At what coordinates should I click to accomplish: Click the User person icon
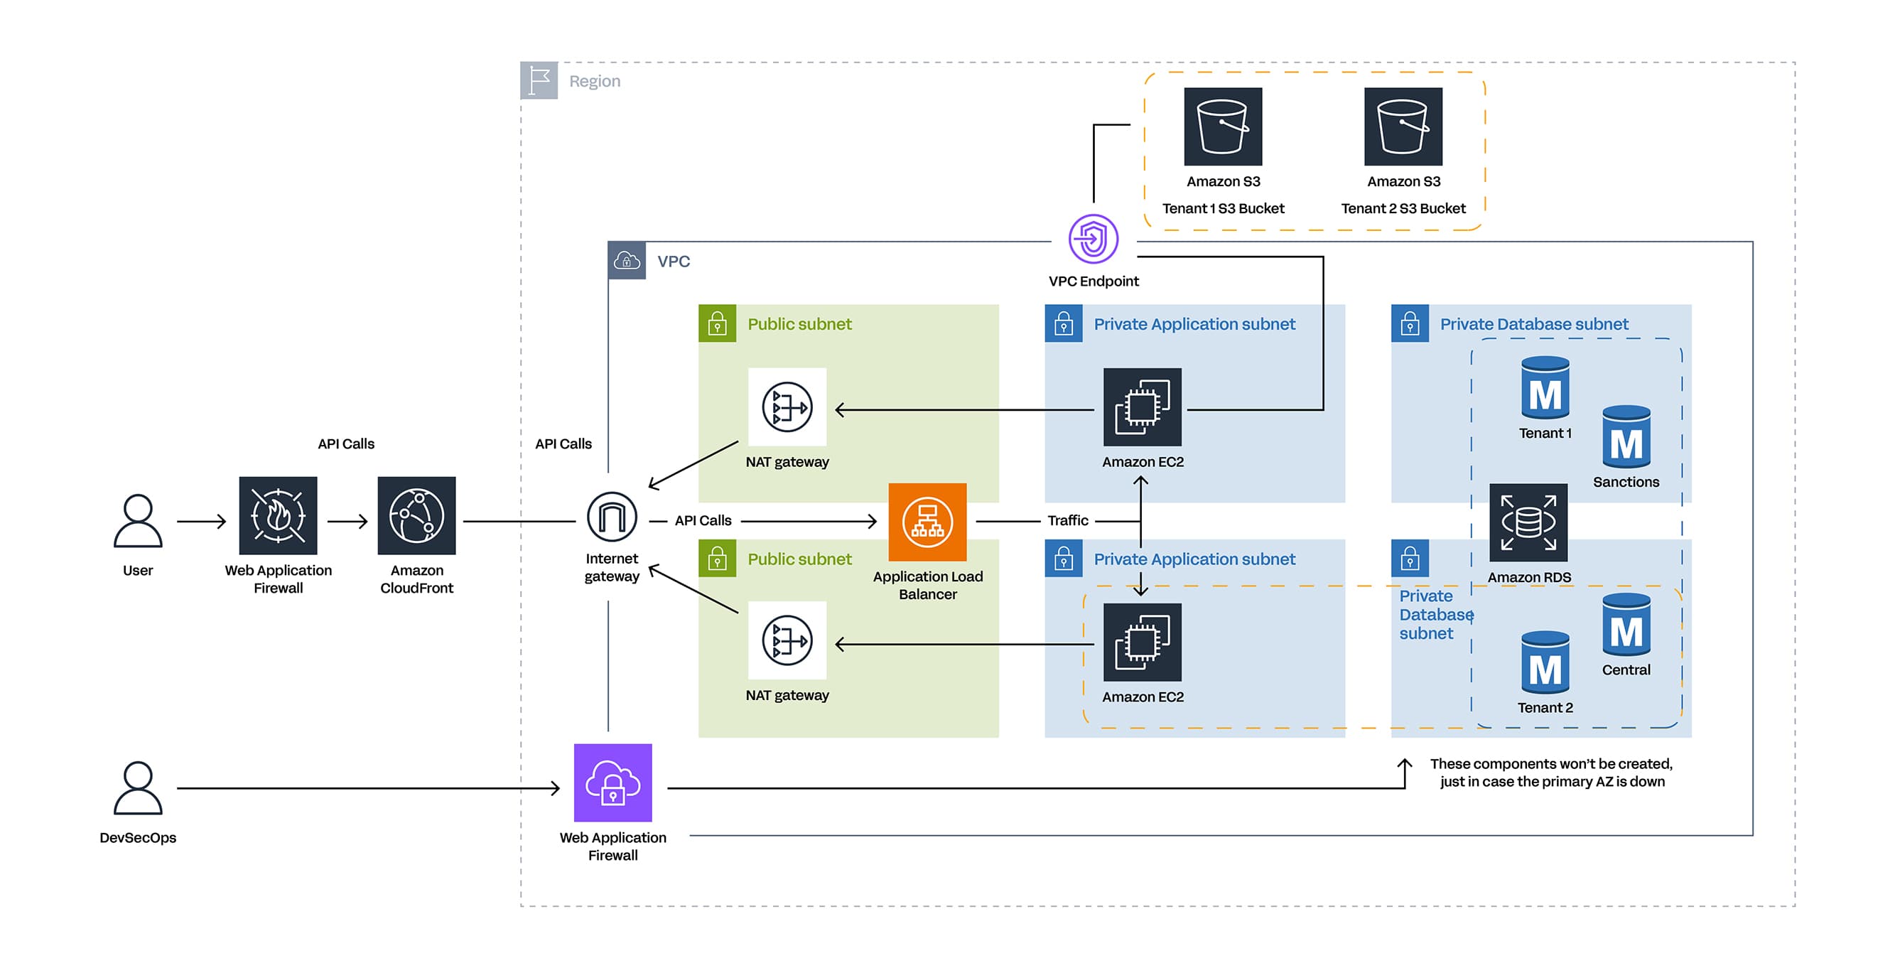[x=138, y=521]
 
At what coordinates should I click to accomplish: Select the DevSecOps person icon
[x=138, y=787]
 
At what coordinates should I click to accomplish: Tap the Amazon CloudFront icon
[x=416, y=516]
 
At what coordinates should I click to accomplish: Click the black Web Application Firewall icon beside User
[x=278, y=516]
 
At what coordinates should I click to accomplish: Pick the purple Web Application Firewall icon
[x=612, y=783]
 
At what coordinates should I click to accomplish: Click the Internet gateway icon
[x=612, y=517]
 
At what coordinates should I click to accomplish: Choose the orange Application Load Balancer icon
[x=927, y=522]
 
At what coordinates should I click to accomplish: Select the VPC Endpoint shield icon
[x=1093, y=239]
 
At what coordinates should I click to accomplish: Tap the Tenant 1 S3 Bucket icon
[x=1223, y=127]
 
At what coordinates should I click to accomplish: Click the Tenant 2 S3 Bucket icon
[x=1403, y=127]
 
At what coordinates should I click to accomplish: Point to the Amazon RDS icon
[x=1528, y=522]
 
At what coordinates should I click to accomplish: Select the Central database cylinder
[x=1626, y=625]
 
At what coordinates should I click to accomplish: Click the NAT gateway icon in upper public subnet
[x=787, y=407]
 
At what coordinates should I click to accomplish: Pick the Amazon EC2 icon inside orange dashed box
[x=1142, y=642]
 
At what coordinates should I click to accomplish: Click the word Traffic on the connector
[x=1067, y=521]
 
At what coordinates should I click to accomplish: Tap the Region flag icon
[x=539, y=80]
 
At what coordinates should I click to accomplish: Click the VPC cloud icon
[x=627, y=261]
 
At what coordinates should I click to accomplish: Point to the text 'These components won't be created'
[x=1550, y=763]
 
